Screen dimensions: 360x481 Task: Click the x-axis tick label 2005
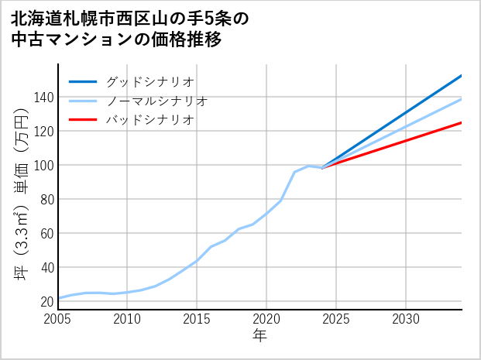point(58,319)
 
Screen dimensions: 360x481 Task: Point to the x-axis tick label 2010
point(128,319)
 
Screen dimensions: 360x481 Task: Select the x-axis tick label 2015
point(198,319)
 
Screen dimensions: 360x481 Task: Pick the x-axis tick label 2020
point(267,319)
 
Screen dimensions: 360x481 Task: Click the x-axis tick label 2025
point(336,319)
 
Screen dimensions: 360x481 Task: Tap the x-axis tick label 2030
point(406,319)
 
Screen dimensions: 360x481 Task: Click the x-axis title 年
point(260,336)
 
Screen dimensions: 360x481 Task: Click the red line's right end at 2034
point(462,122)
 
